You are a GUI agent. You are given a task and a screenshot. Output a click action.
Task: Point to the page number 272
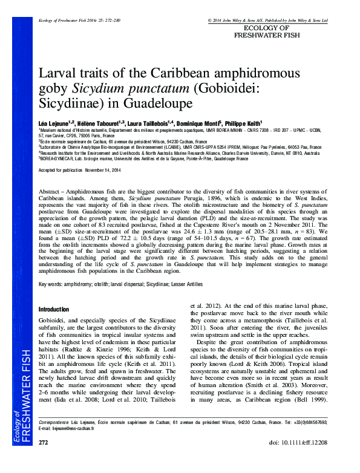(44, 460)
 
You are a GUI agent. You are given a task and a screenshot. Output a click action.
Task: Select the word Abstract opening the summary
(51, 190)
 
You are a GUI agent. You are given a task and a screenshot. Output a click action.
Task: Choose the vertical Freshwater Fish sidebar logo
(19, 394)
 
